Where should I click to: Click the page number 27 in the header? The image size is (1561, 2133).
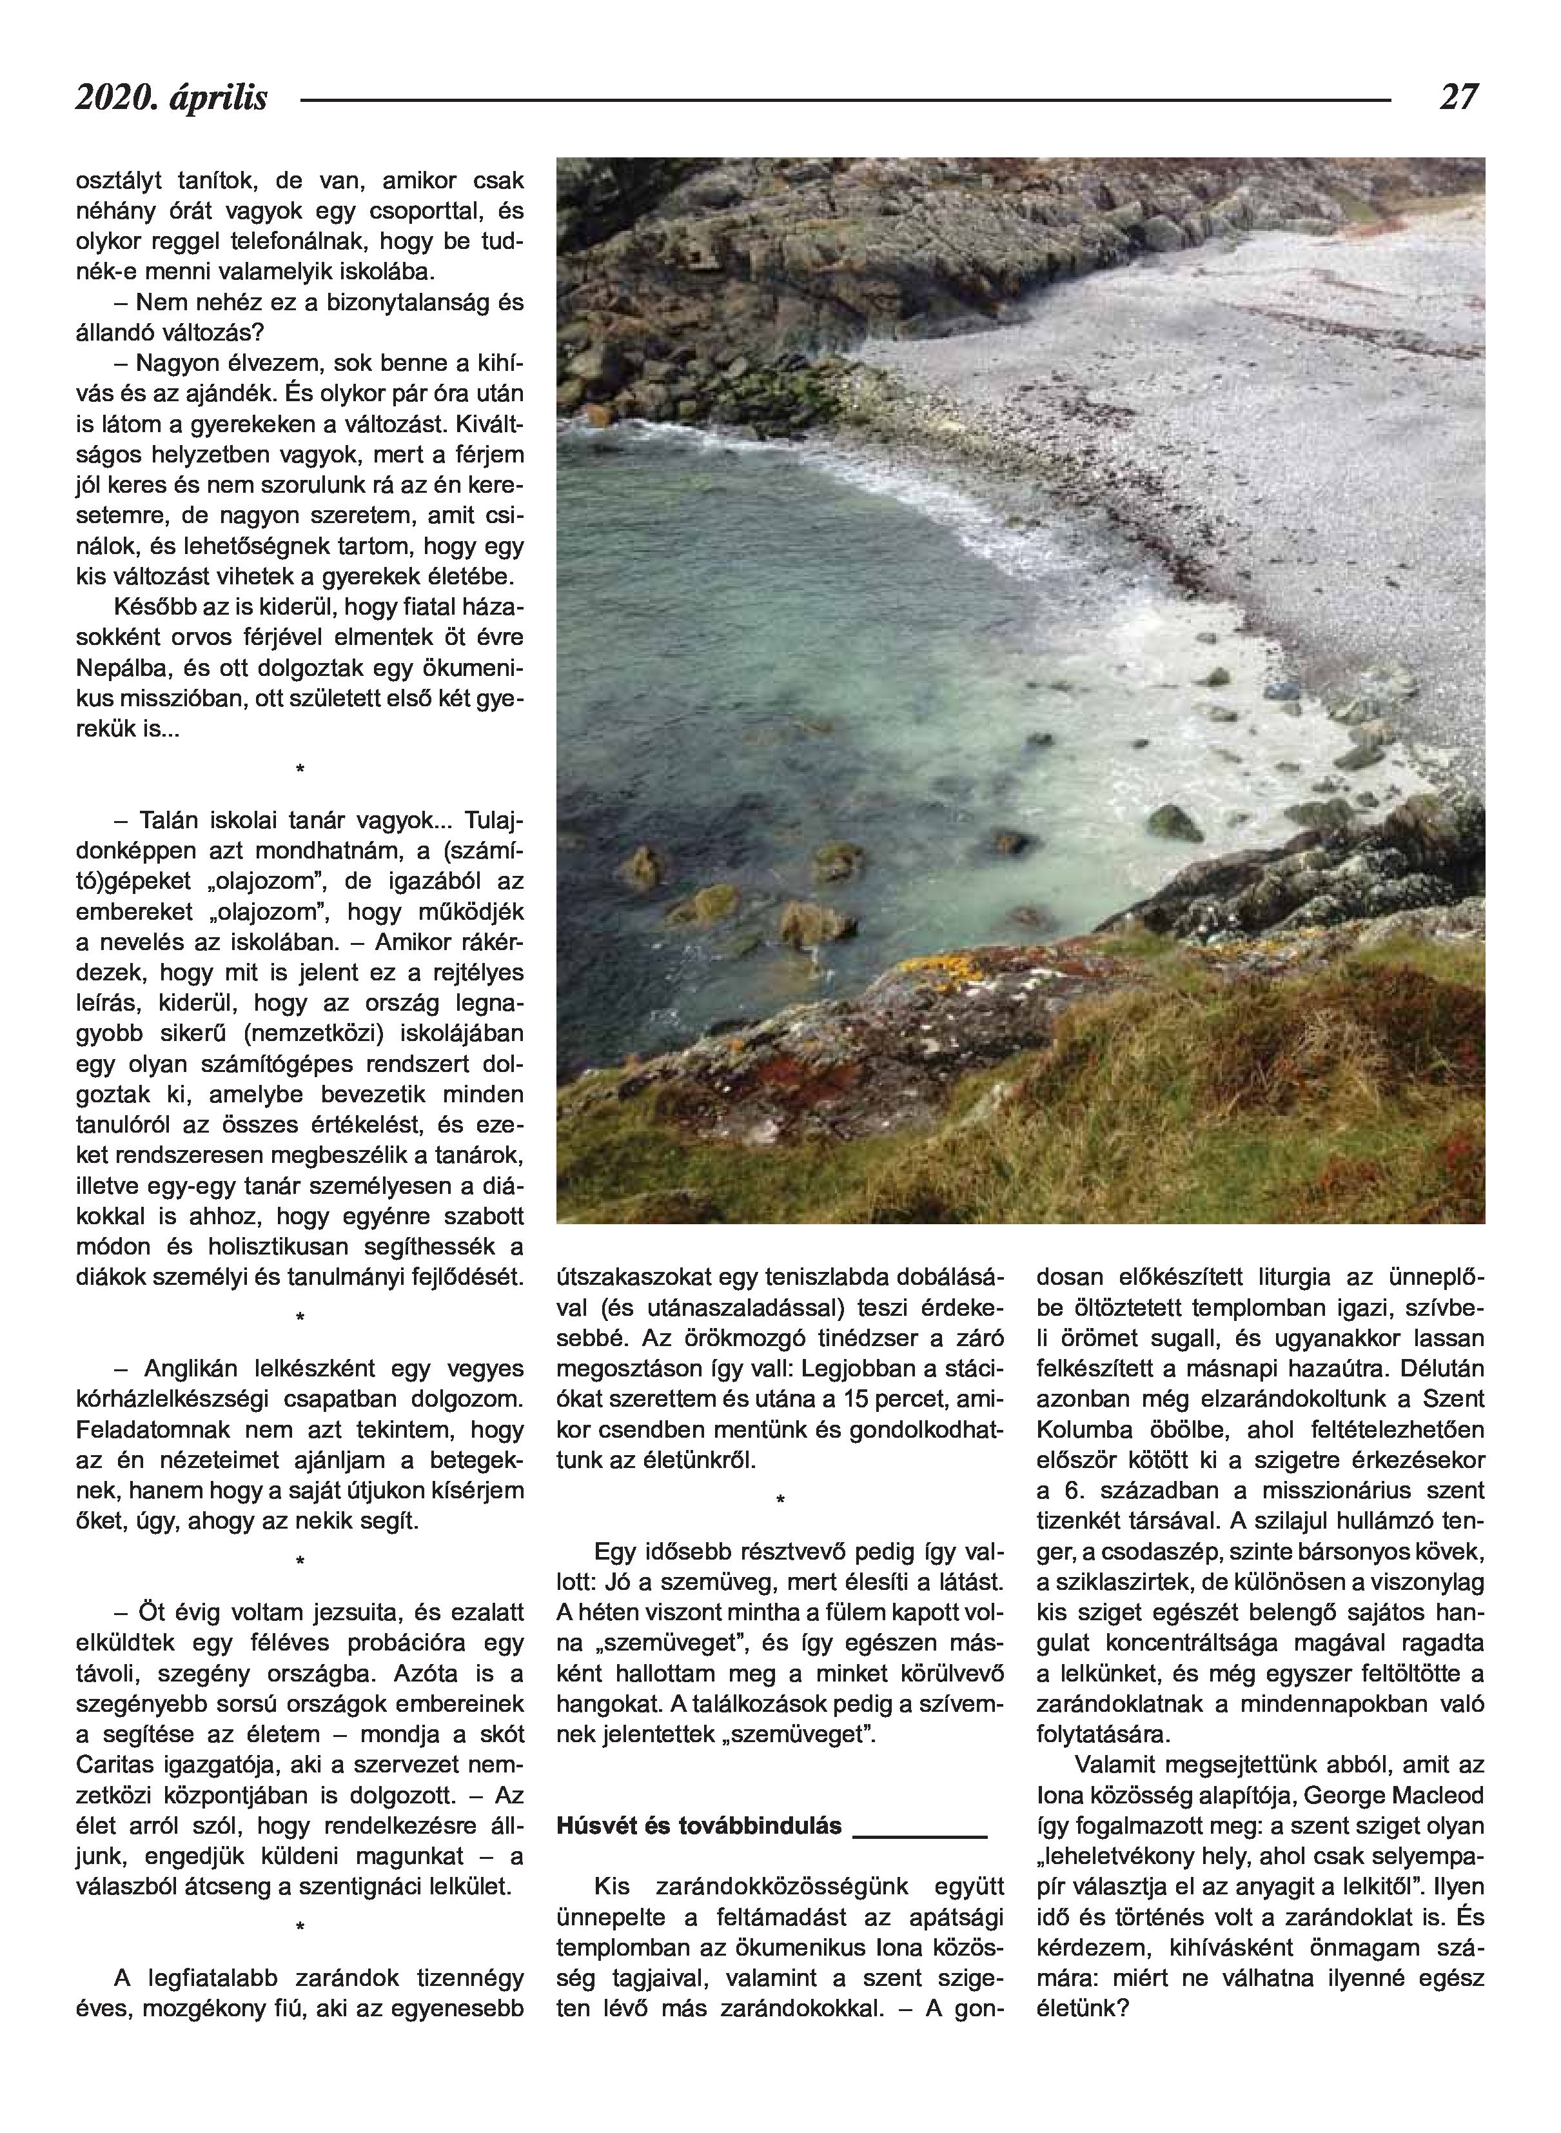click(x=1458, y=97)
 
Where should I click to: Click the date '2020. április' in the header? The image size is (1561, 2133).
click(x=172, y=98)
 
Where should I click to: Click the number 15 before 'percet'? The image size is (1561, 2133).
click(x=865, y=1399)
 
